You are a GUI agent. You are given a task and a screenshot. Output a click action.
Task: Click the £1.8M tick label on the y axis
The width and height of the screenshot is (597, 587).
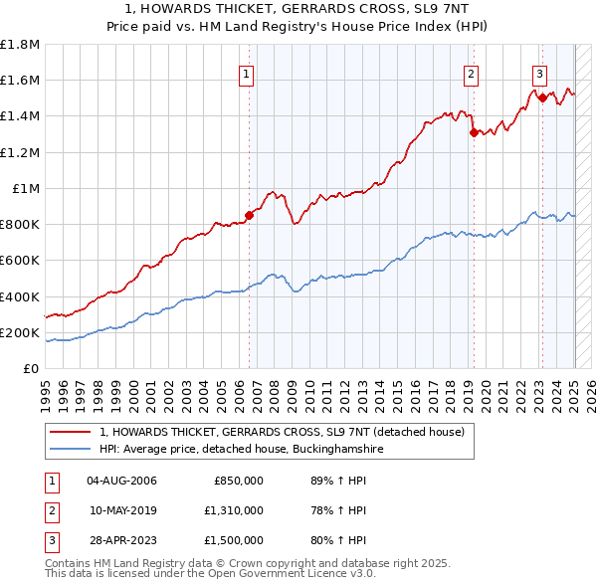(20, 45)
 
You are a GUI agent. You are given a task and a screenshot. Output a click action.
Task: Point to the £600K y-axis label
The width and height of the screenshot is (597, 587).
(20, 261)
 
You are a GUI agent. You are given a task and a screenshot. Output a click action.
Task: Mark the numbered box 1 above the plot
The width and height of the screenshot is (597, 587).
(246, 73)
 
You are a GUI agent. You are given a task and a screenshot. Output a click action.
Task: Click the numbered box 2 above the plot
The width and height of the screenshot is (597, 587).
(470, 73)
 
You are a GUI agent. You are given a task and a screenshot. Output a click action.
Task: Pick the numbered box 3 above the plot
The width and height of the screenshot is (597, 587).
(538, 73)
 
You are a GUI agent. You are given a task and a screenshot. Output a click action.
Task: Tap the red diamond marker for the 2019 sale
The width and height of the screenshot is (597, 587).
(474, 133)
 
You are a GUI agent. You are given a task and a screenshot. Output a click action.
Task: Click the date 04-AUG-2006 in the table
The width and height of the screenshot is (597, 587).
(122, 482)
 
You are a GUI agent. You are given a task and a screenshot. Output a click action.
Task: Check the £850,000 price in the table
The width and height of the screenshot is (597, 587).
(239, 482)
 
